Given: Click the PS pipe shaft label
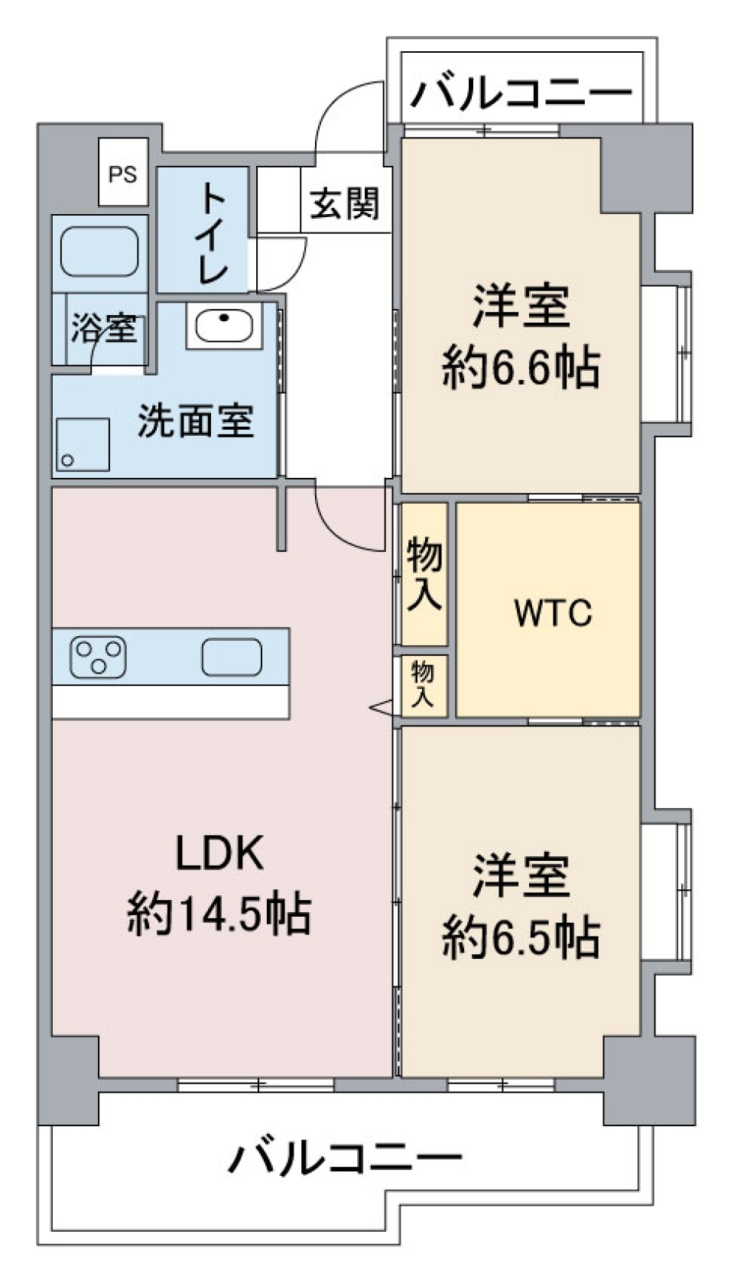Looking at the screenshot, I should [x=122, y=174].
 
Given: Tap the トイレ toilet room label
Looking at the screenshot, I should [x=213, y=232].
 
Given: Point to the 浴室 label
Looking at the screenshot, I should [x=104, y=329].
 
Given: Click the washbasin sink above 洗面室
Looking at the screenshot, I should [x=224, y=324].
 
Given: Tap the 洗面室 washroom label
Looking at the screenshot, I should [x=196, y=421].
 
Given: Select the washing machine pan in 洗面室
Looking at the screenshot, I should [x=83, y=444].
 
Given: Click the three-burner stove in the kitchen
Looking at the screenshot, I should [x=98, y=656].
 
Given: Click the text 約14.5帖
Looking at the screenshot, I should [x=219, y=914].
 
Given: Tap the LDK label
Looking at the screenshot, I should [x=220, y=853].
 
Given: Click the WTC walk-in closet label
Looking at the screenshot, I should [x=553, y=612].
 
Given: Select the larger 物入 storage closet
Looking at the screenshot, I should [x=424, y=573].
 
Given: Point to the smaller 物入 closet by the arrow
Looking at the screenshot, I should [x=423, y=684].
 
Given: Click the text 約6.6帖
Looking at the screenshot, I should [x=521, y=369].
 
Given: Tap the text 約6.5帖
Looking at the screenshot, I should [x=521, y=937].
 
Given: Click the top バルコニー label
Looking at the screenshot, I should [x=522, y=93].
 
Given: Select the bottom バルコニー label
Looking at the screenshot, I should [x=345, y=1158].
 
